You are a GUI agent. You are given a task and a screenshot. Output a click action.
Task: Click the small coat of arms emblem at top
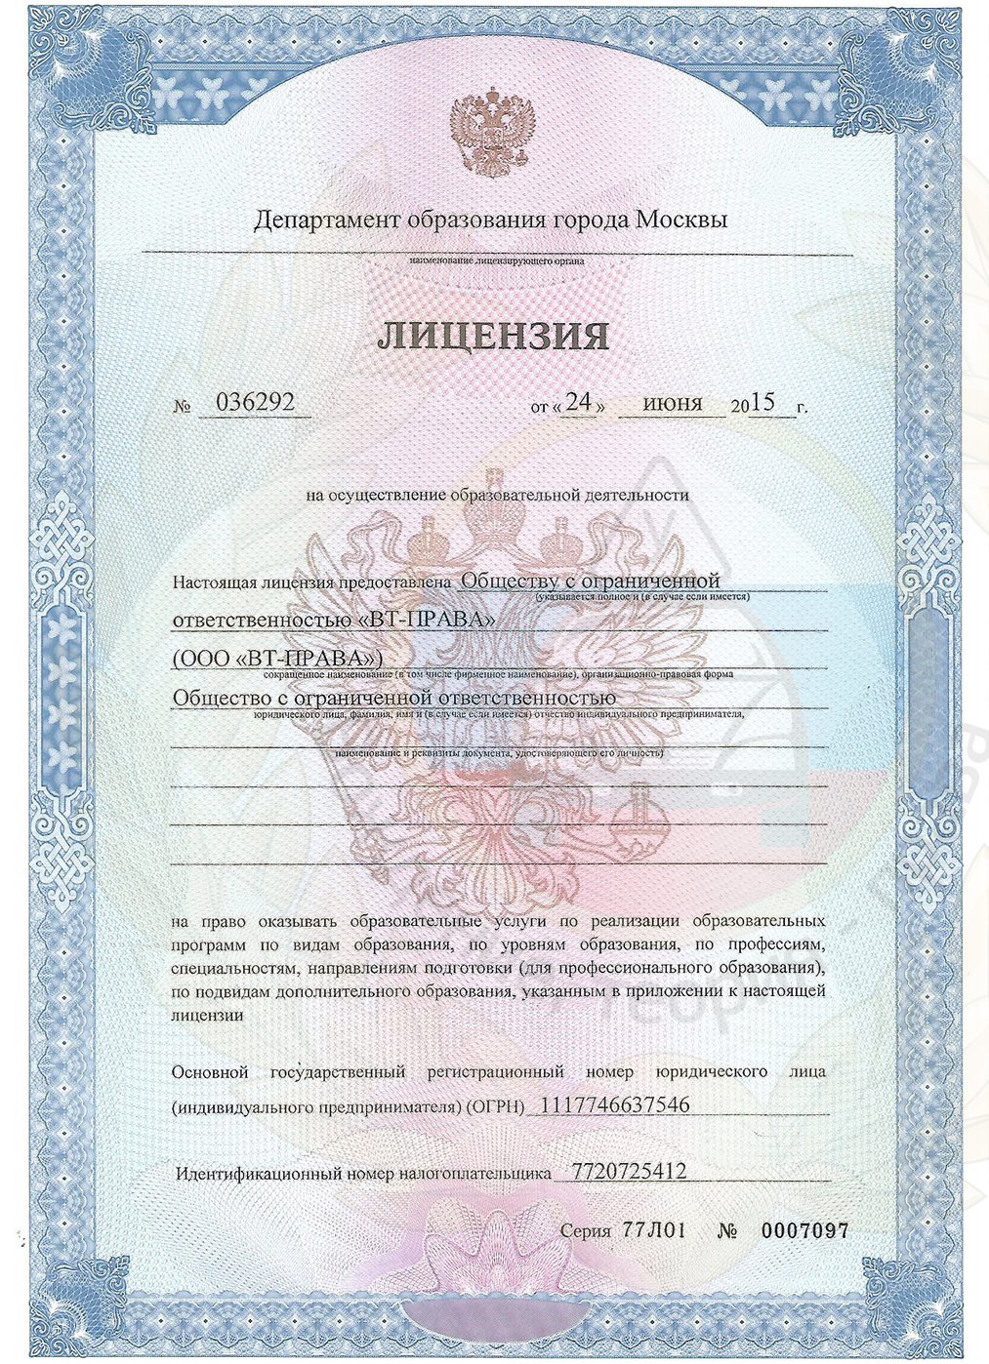(494, 134)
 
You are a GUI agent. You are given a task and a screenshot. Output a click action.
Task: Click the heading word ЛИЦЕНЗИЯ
(493, 335)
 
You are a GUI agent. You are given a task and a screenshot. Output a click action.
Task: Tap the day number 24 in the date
(580, 403)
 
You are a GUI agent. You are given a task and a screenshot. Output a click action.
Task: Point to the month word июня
(673, 403)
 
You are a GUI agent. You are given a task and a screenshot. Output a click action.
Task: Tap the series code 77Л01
(653, 1230)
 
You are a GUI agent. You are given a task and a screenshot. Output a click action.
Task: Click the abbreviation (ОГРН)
(494, 1107)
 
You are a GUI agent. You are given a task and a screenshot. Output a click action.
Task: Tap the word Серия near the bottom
(586, 1231)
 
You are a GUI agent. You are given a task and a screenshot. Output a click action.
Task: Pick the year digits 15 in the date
(762, 403)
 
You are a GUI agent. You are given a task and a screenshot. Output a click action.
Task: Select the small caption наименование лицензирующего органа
(497, 261)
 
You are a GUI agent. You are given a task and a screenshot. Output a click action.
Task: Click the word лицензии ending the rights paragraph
(207, 1015)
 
